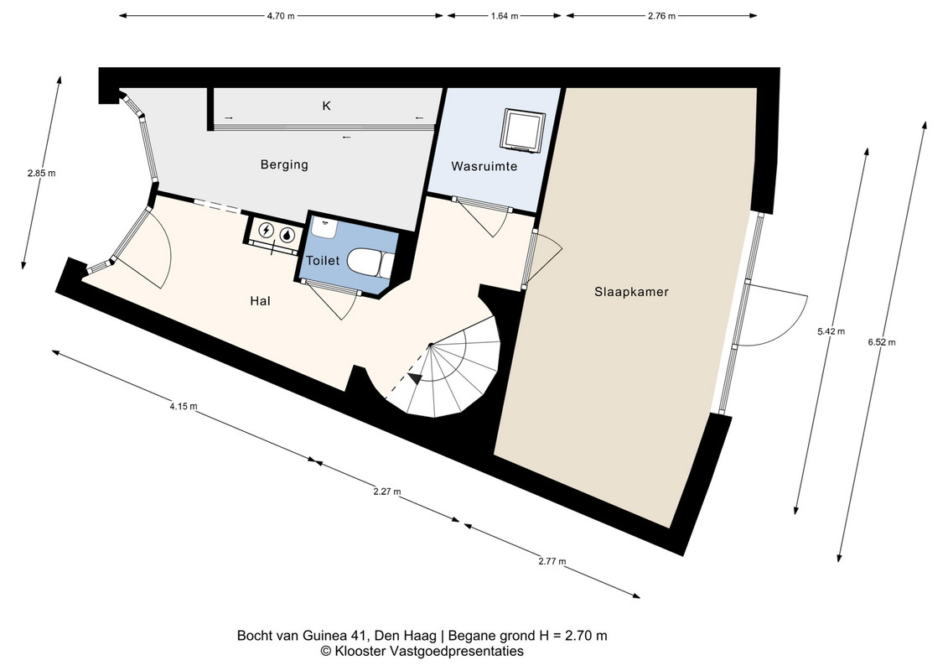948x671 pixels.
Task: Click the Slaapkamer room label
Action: coord(631,292)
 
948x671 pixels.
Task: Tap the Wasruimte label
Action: coord(484,166)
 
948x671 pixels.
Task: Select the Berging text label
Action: coord(284,164)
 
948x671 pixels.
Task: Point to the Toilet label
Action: coord(323,261)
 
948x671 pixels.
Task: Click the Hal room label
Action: coord(260,301)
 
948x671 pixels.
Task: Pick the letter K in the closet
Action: coord(327,106)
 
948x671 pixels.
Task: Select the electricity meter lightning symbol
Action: coord(266,231)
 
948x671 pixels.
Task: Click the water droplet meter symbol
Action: coord(287,233)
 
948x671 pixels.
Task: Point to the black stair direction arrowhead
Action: coord(416,378)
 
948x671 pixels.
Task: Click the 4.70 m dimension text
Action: coord(281,16)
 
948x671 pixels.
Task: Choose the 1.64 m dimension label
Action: coord(505,16)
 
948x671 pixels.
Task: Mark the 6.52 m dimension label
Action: coord(882,342)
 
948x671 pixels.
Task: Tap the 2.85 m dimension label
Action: coord(41,173)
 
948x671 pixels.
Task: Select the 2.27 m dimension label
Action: coord(387,492)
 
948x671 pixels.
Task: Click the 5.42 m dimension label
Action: coord(831,331)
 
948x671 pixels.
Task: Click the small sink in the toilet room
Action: coord(324,228)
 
